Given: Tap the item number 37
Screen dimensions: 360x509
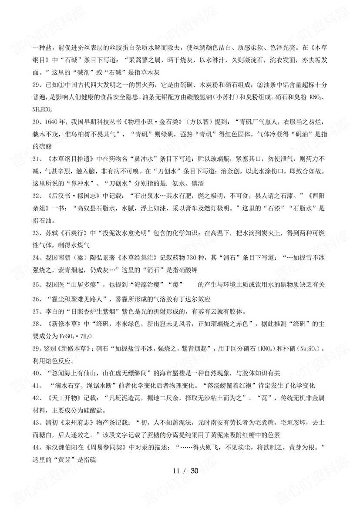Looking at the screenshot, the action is pyautogui.click(x=36, y=311).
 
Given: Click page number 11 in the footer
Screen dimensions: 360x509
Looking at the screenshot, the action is pyautogui.click(x=176, y=471).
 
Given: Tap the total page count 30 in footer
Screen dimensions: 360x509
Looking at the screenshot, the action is pyautogui.click(x=194, y=471).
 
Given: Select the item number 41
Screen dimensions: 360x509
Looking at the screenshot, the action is pyautogui.click(x=36, y=385).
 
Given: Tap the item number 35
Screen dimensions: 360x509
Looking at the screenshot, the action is pyautogui.click(x=36, y=284).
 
